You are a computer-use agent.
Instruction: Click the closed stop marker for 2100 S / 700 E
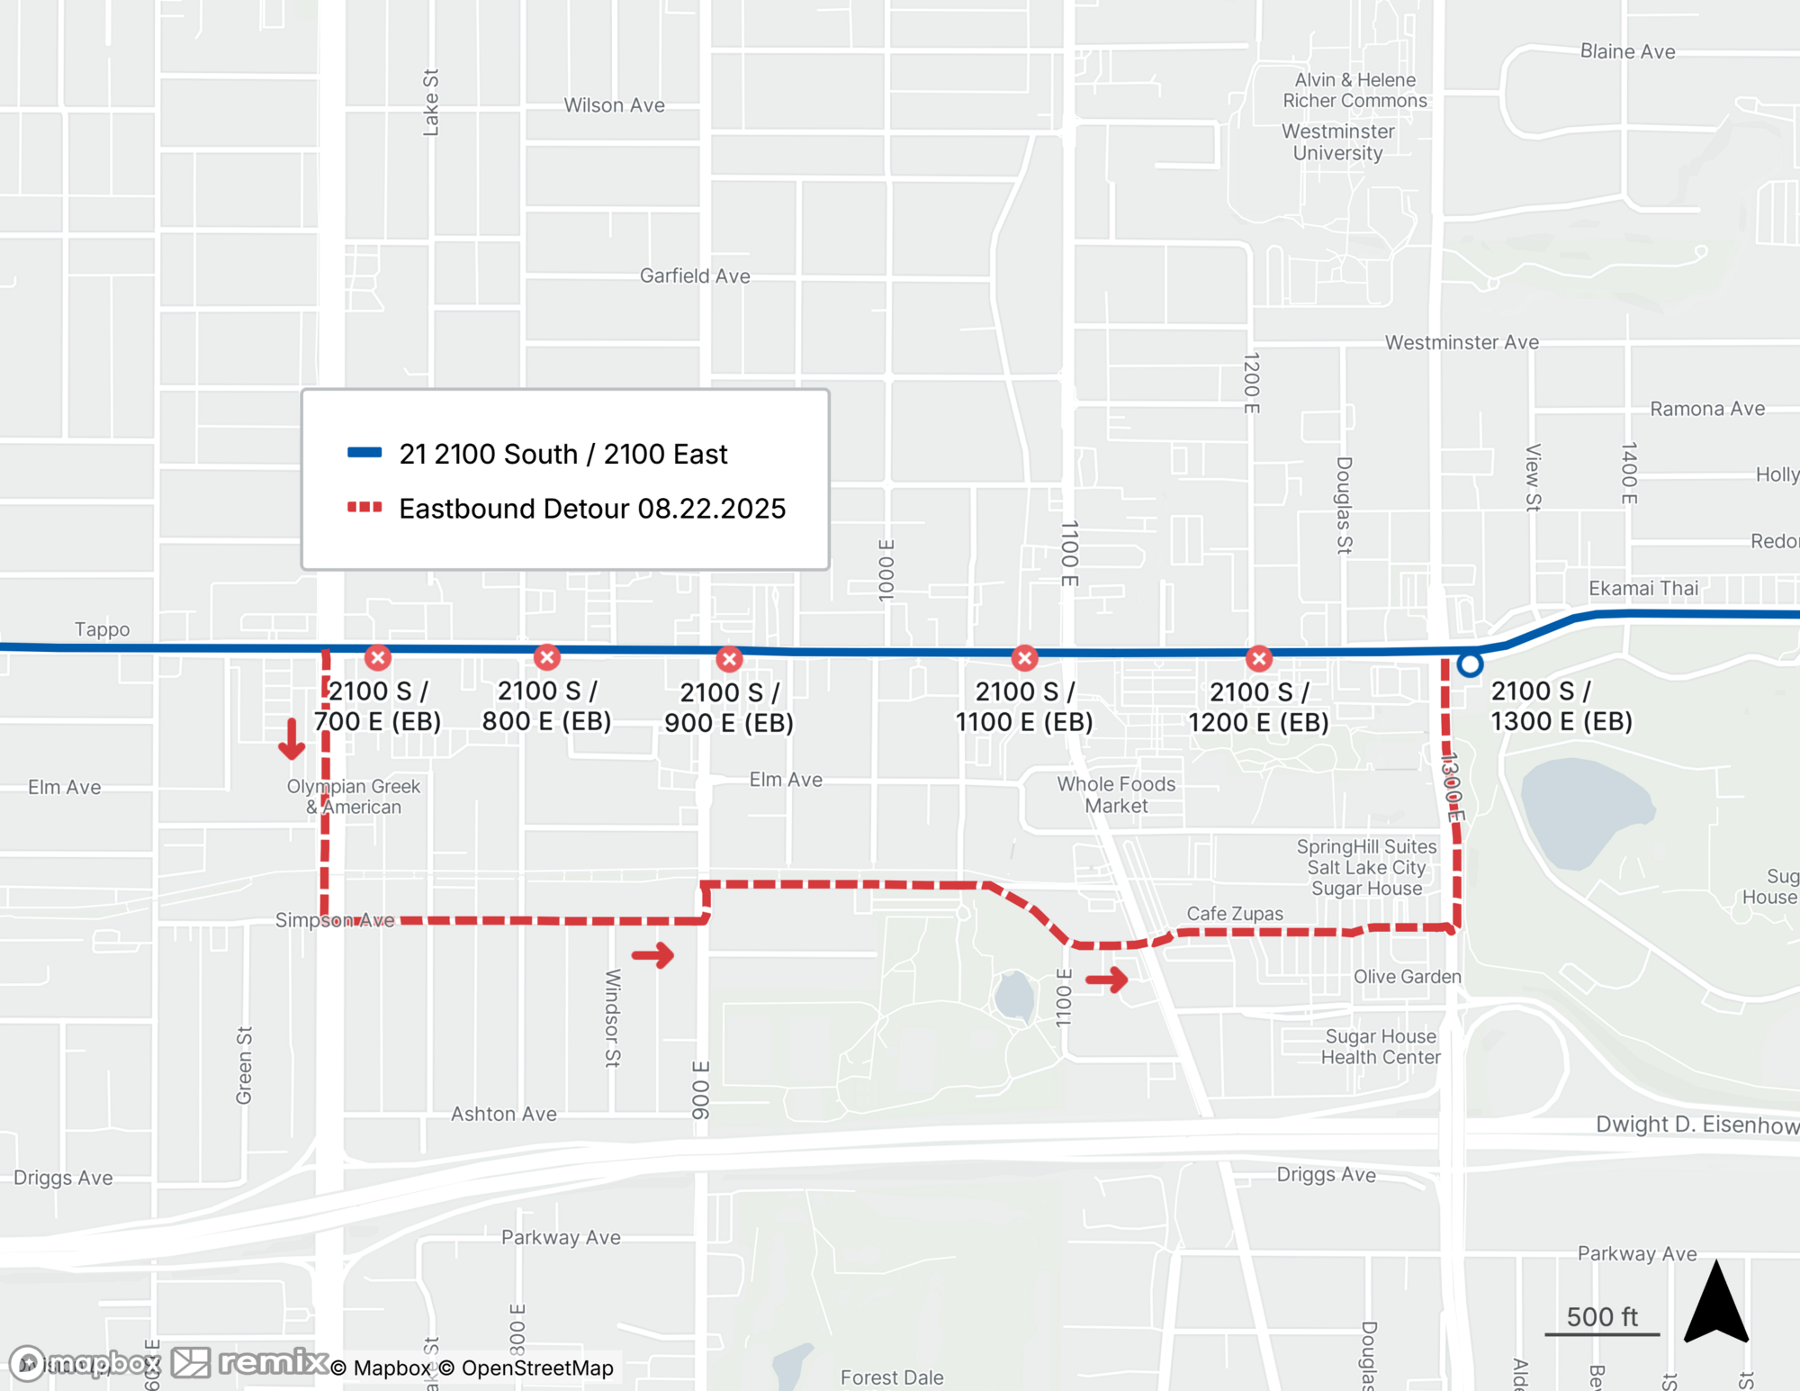(378, 657)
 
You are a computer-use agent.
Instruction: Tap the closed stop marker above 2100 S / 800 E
(546, 657)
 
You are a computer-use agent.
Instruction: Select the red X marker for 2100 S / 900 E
(729, 659)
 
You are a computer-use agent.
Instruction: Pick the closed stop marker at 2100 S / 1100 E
(1024, 658)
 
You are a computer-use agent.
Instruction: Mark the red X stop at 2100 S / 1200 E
(1259, 658)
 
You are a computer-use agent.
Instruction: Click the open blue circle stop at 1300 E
(1470, 664)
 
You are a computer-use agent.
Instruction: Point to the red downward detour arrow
(291, 739)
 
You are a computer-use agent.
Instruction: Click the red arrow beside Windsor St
(653, 955)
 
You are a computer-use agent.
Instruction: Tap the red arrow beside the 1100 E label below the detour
(1107, 979)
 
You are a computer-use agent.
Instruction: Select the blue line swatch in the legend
(364, 453)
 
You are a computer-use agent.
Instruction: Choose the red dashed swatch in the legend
(364, 508)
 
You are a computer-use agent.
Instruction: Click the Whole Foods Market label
(1116, 795)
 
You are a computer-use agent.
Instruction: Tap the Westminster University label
(1337, 142)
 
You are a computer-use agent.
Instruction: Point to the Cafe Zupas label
(1235, 914)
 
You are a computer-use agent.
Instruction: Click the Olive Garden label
(1407, 977)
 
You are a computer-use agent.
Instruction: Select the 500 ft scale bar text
(1602, 1317)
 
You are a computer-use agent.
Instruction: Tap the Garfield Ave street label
(695, 276)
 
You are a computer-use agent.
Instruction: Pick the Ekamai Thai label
(1643, 589)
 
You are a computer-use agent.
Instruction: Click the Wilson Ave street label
(614, 105)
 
